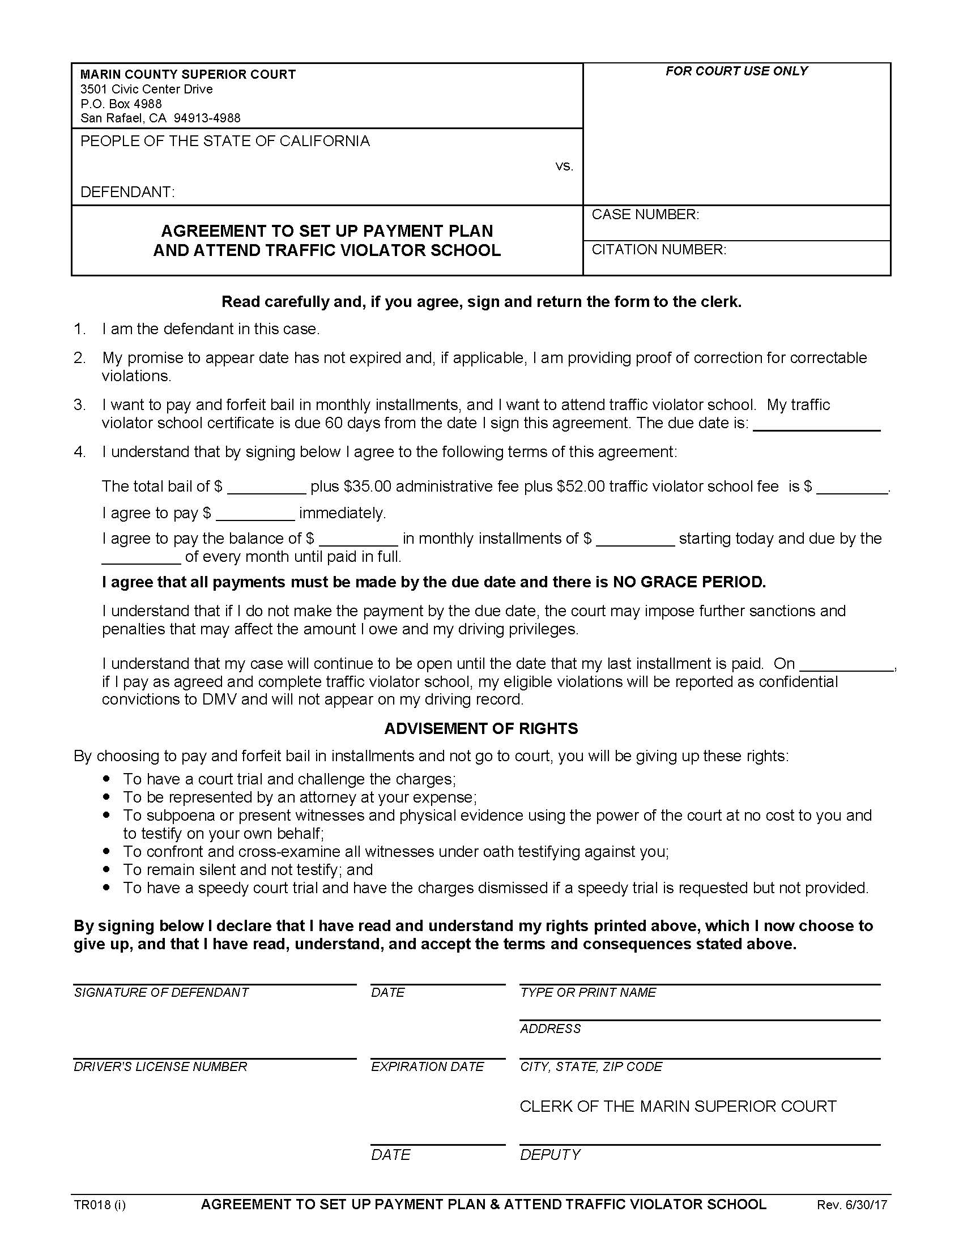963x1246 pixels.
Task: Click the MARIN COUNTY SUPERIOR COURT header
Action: (x=188, y=74)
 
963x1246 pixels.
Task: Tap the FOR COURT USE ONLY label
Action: (x=736, y=71)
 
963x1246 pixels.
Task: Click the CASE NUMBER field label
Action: (x=645, y=215)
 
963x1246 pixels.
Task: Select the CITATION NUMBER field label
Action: (x=659, y=250)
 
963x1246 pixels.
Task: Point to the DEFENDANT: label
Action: (x=127, y=191)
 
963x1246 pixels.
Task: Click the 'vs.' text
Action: (x=564, y=166)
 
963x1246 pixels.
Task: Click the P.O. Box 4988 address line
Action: (x=121, y=104)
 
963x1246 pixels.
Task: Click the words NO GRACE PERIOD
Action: (x=689, y=582)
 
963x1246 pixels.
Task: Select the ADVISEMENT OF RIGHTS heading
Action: (x=481, y=728)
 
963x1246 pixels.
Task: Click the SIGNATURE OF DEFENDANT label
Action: (x=161, y=993)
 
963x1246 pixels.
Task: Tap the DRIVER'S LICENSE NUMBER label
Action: (x=160, y=1067)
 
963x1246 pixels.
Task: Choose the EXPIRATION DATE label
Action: (x=427, y=1067)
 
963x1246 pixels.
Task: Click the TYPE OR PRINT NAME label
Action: (x=587, y=993)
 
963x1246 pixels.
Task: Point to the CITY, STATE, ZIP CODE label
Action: (x=591, y=1067)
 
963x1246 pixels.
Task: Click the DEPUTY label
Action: (x=550, y=1155)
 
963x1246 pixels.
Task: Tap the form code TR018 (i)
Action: (x=99, y=1205)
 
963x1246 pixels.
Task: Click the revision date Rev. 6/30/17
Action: (x=852, y=1205)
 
